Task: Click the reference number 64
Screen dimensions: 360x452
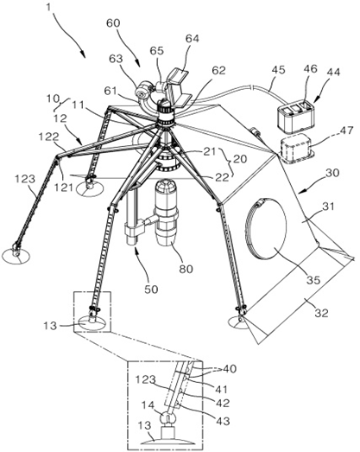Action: (x=193, y=38)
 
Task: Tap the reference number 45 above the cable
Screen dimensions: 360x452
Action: (x=278, y=70)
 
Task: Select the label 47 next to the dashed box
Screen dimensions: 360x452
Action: (x=346, y=131)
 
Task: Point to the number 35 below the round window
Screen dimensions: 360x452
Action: (x=313, y=279)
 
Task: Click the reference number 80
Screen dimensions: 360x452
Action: (x=186, y=269)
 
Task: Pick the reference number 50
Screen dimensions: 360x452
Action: (x=151, y=289)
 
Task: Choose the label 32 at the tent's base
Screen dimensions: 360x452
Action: (x=321, y=313)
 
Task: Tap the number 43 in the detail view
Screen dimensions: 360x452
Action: (x=223, y=421)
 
